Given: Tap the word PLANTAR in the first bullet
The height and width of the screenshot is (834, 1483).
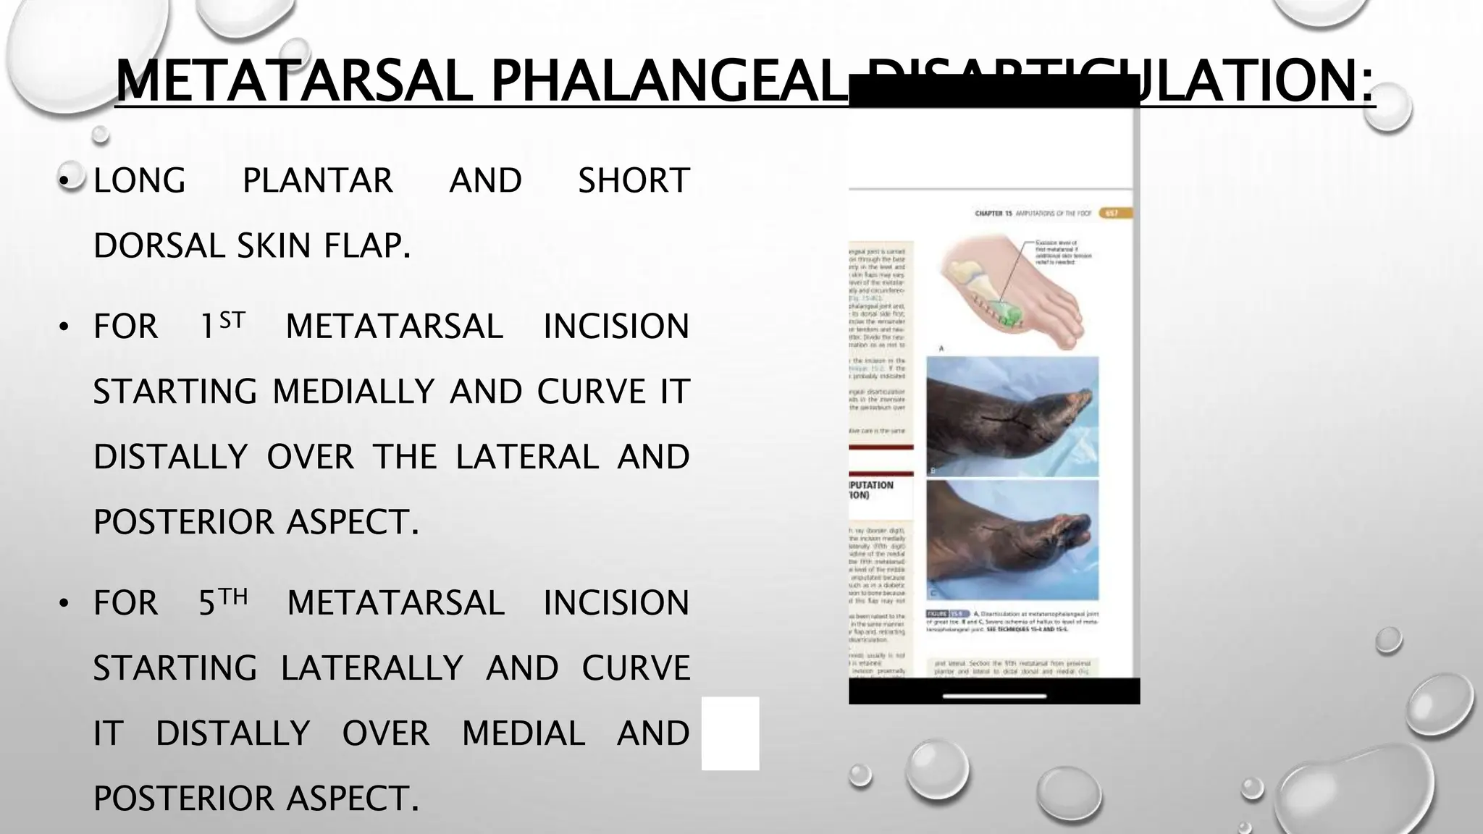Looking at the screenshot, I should pyautogui.click(x=317, y=180).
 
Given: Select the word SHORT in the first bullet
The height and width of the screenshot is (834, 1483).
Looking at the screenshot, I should pyautogui.click(x=633, y=180).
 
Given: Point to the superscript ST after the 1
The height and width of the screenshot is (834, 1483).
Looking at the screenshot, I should pyautogui.click(x=232, y=320).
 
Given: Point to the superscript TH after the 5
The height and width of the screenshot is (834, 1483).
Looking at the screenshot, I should pyautogui.click(x=233, y=597).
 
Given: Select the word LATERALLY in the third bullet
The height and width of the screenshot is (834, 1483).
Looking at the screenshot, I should pyautogui.click(x=371, y=667).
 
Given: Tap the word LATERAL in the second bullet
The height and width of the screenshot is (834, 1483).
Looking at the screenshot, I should pyautogui.click(x=526, y=457).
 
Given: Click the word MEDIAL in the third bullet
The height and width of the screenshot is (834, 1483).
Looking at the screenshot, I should pyautogui.click(x=523, y=733).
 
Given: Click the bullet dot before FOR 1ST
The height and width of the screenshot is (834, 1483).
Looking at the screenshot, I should pyautogui.click(x=64, y=327).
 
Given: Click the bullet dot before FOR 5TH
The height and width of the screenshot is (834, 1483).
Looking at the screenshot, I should pyautogui.click(x=64, y=604).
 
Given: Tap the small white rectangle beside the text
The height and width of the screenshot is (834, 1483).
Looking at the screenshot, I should pyautogui.click(x=730, y=733).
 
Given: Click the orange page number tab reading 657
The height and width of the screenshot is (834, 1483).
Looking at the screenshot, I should pyautogui.click(x=1114, y=214).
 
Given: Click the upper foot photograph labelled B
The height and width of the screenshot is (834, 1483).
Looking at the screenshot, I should pyautogui.click(x=1012, y=416).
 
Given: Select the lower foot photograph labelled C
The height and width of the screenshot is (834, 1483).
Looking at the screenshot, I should pyautogui.click(x=1012, y=539).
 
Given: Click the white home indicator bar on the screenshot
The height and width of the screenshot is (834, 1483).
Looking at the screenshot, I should pyautogui.click(x=994, y=696).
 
